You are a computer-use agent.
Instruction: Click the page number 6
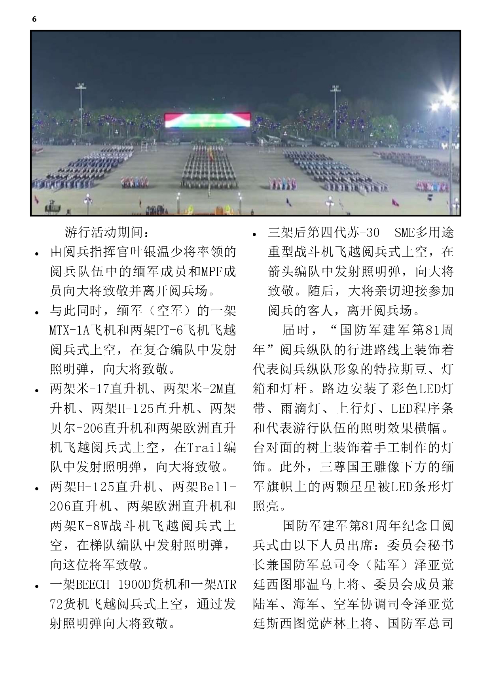34,19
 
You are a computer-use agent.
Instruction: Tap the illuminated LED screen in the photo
207,121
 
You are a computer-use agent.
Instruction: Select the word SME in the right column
404,233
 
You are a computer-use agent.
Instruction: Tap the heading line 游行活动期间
107,233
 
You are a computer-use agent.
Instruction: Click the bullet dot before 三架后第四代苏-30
255,234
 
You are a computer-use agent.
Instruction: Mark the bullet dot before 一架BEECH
37,586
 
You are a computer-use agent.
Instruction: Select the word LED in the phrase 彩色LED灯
430,389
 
